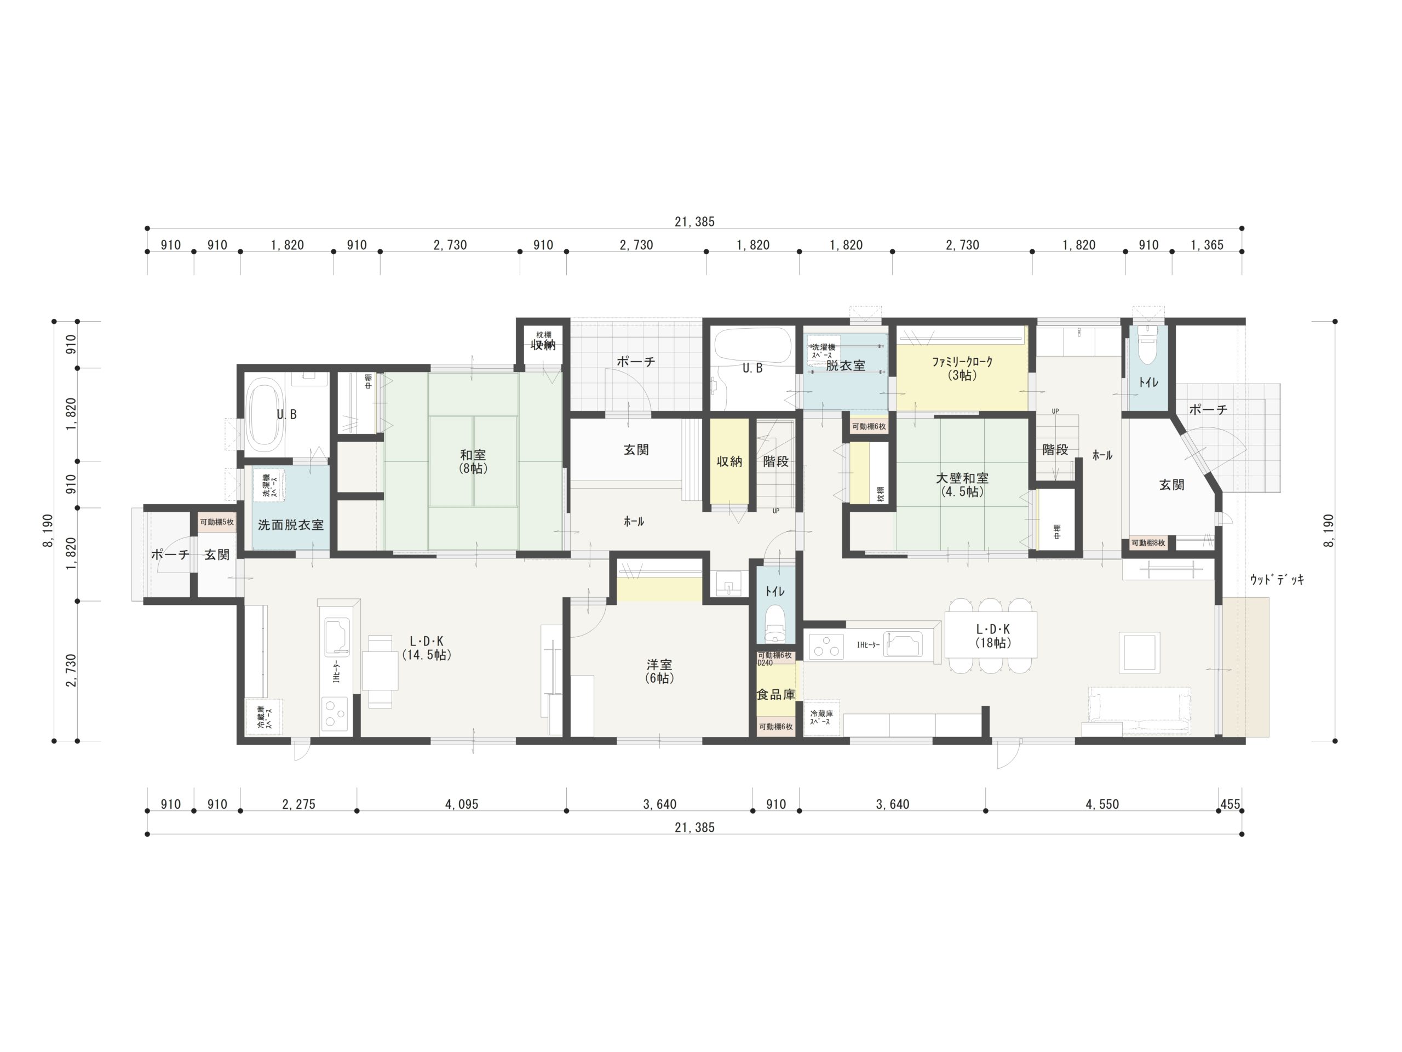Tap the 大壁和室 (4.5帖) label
962,484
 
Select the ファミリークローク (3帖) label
962,368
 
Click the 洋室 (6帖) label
659,671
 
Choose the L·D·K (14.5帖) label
427,648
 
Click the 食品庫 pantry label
776,694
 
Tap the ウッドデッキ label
1277,579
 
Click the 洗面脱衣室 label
290,525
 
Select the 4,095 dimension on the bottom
462,804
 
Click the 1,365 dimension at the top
1207,245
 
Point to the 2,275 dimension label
298,804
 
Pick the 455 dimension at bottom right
1229,804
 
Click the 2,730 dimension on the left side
70,670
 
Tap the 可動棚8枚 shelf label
1148,543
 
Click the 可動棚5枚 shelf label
217,522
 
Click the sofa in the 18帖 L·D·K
1139,712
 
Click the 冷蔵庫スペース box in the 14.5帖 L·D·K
263,717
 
